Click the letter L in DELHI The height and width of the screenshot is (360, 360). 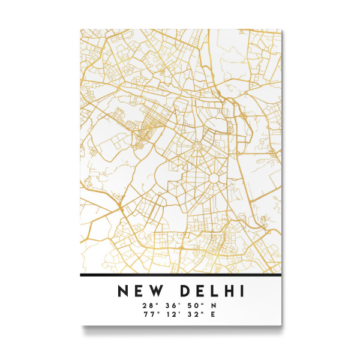coord(211,292)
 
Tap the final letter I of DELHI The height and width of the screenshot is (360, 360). coord(241,292)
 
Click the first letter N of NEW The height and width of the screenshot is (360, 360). coord(123,292)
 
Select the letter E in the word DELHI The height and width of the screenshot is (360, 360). coord(195,292)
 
